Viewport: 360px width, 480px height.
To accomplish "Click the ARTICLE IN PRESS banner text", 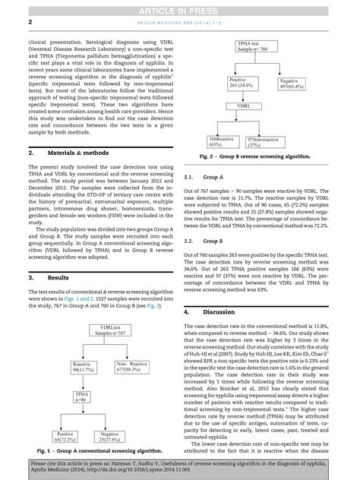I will click(x=180, y=8).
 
